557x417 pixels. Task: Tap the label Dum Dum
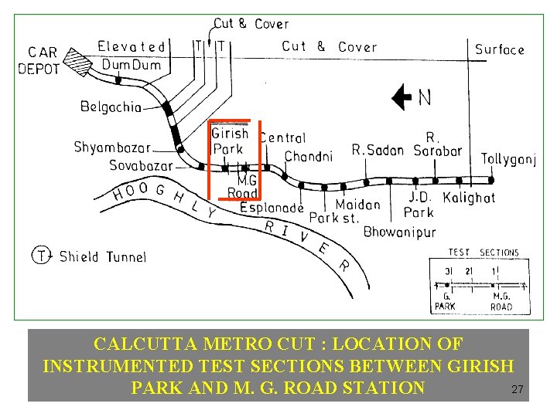[132, 65]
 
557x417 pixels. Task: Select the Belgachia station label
[111, 107]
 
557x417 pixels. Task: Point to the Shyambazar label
[112, 147]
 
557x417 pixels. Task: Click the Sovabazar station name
[140, 165]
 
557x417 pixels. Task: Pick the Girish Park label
[229, 141]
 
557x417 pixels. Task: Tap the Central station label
[283, 138]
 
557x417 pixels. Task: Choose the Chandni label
[309, 157]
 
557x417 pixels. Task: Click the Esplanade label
[272, 208]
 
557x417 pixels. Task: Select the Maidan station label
[358, 205]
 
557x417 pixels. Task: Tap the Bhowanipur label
[399, 232]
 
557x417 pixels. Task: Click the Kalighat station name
[469, 198]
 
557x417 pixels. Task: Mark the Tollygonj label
[508, 160]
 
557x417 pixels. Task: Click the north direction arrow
[402, 97]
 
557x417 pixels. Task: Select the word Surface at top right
[500, 50]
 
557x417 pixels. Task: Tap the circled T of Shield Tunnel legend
[41, 255]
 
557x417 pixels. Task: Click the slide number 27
[518, 390]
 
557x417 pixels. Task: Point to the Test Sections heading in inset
[484, 253]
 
